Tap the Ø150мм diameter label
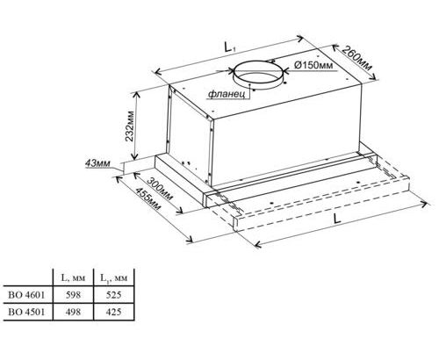tap(313, 65)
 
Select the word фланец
tap(227, 95)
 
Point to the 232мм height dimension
tap(129, 126)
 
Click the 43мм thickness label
tap(97, 163)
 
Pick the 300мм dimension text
tap(160, 189)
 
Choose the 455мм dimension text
tap(148, 198)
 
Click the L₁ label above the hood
tap(230, 47)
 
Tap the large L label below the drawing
tap(337, 219)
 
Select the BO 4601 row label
tap(26, 295)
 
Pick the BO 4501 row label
tap(26, 312)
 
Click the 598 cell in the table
tap(73, 295)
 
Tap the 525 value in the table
tap(113, 295)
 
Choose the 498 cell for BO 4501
tap(73, 312)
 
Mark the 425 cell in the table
tap(113, 312)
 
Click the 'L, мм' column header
tap(73, 277)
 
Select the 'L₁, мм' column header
tap(114, 277)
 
